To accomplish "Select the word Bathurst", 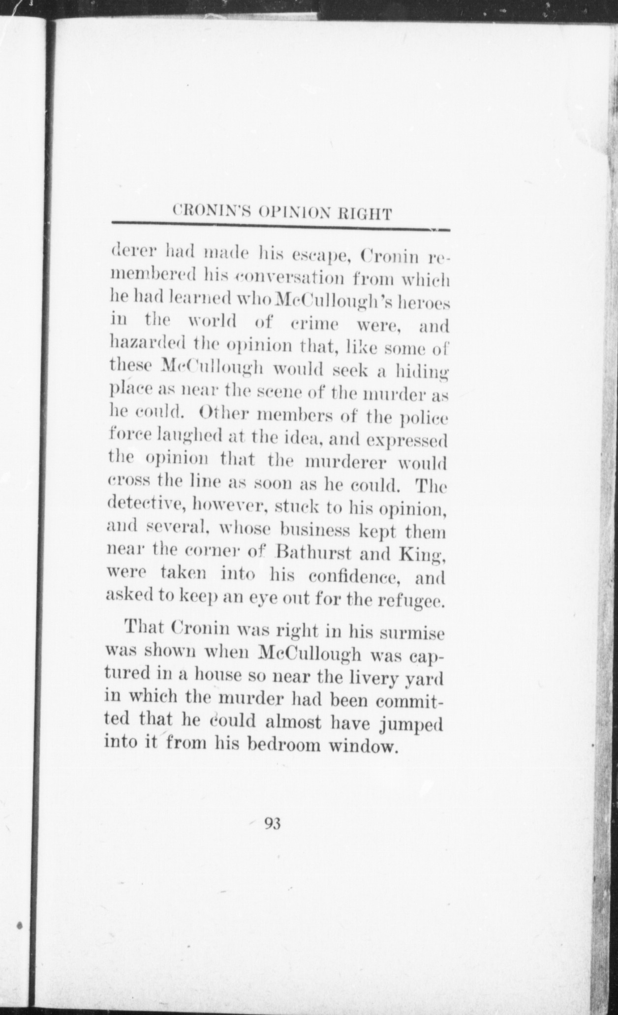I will tap(311, 554).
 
